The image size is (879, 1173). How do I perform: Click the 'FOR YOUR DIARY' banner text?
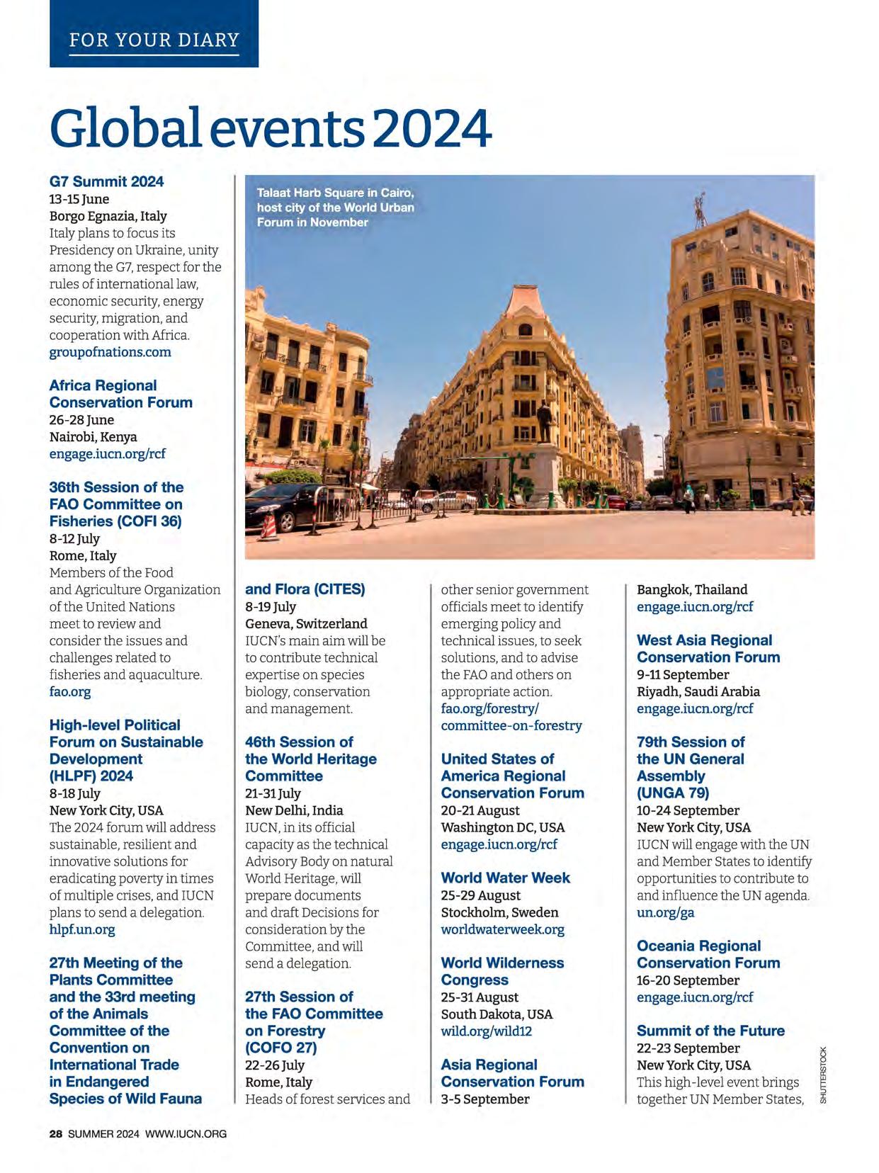[x=154, y=39]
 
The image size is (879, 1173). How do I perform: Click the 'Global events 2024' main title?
[x=270, y=127]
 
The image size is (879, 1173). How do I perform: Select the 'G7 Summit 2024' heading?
[x=106, y=181]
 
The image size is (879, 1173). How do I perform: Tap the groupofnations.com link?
[x=110, y=352]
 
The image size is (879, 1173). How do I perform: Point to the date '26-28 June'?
[x=81, y=420]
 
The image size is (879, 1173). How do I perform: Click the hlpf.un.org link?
[x=82, y=929]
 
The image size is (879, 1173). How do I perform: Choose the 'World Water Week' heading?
[x=505, y=878]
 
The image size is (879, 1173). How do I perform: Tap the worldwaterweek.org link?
[x=502, y=929]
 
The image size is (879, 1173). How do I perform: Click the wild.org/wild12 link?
[x=486, y=1031]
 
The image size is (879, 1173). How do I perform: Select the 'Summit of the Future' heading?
[x=710, y=1031]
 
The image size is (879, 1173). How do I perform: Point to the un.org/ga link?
[x=665, y=912]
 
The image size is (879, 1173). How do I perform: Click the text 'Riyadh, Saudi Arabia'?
[x=698, y=691]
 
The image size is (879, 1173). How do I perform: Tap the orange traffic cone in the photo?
[x=268, y=526]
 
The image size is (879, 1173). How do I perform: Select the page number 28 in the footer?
[x=56, y=1134]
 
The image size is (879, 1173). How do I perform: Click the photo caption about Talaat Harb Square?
[x=335, y=208]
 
